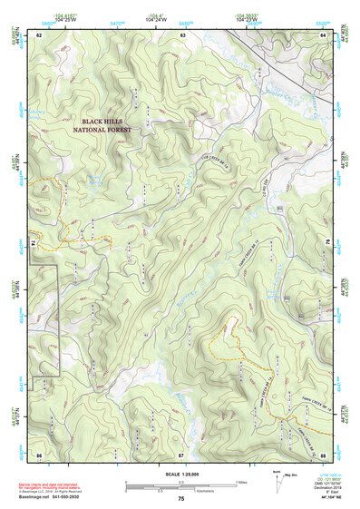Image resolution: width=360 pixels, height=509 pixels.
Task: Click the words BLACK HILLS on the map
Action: [x=106, y=121]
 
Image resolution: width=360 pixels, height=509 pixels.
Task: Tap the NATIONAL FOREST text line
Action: [x=102, y=130]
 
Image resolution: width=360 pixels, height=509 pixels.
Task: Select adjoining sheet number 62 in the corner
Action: [x=39, y=34]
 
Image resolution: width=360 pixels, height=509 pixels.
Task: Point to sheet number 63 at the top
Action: [x=182, y=34]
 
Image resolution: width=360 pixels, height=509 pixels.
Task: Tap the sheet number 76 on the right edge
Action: [x=325, y=243]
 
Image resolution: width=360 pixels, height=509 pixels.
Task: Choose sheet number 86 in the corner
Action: [x=39, y=454]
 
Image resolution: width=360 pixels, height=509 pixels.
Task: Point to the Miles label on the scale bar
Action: [x=241, y=481]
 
